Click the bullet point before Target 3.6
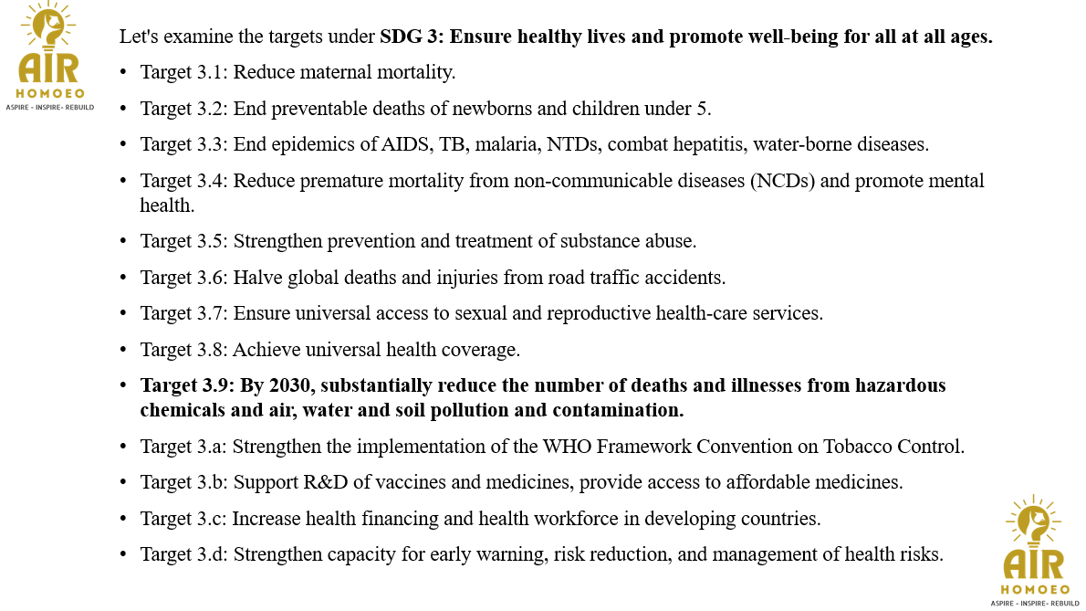coord(124,278)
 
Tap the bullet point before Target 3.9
coord(124,385)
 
